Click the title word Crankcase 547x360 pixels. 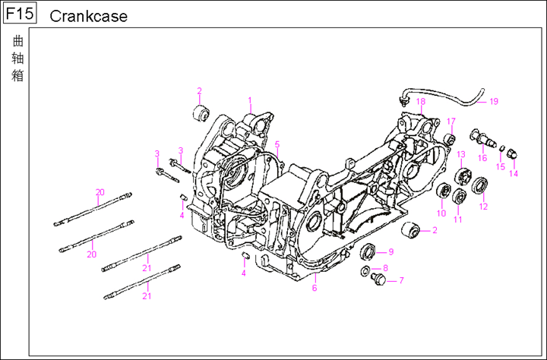coord(88,16)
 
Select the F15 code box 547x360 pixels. coord(19,14)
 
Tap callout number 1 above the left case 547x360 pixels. coord(249,100)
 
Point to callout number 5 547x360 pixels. coord(278,144)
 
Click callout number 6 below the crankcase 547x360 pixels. coord(315,288)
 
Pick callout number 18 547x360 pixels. coord(420,102)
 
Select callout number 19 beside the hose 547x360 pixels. coord(493,101)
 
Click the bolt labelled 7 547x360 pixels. coord(375,280)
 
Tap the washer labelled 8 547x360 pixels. coord(365,270)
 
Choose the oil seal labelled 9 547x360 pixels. coord(368,251)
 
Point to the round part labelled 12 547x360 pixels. coord(480,185)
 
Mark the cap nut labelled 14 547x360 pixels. coord(512,154)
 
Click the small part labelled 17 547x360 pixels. coord(450,139)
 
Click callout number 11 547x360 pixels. coord(458,219)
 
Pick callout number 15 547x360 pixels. coord(500,166)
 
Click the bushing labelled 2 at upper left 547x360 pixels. coord(201,115)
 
